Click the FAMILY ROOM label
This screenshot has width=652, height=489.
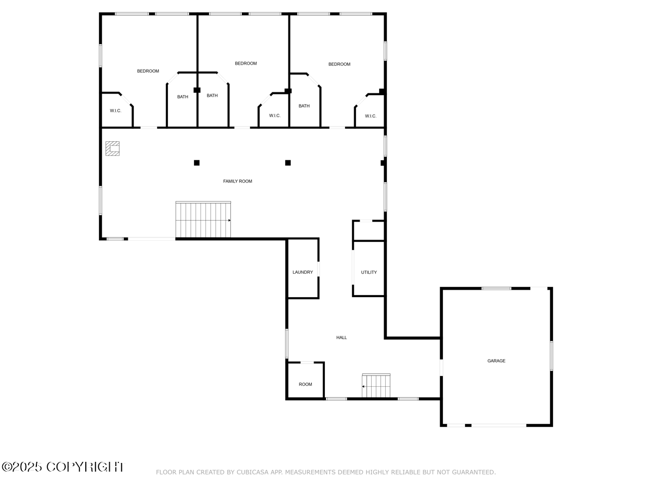(237, 181)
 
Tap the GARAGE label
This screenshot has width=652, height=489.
(496, 361)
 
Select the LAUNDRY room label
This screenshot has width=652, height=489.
(303, 272)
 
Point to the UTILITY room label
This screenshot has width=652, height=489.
(368, 272)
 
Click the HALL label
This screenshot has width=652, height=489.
(341, 337)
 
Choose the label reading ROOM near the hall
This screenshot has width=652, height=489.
(305, 384)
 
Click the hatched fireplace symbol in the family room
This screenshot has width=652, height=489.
(112, 148)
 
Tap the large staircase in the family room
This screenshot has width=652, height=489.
(203, 220)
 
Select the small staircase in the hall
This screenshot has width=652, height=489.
(376, 385)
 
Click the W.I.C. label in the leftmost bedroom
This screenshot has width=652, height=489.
(116, 111)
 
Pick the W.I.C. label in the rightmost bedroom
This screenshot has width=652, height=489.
(371, 116)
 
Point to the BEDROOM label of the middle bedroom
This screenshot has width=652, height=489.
(246, 63)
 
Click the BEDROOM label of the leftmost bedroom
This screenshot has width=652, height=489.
(148, 71)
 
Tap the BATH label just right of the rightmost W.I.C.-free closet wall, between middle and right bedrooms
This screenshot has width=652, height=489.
(304, 106)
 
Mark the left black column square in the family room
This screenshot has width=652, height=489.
(197, 162)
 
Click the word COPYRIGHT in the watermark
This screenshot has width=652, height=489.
(85, 467)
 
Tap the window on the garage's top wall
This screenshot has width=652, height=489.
(497, 289)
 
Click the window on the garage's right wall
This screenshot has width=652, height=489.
(551, 356)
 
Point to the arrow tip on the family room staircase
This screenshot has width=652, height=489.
(230, 220)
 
